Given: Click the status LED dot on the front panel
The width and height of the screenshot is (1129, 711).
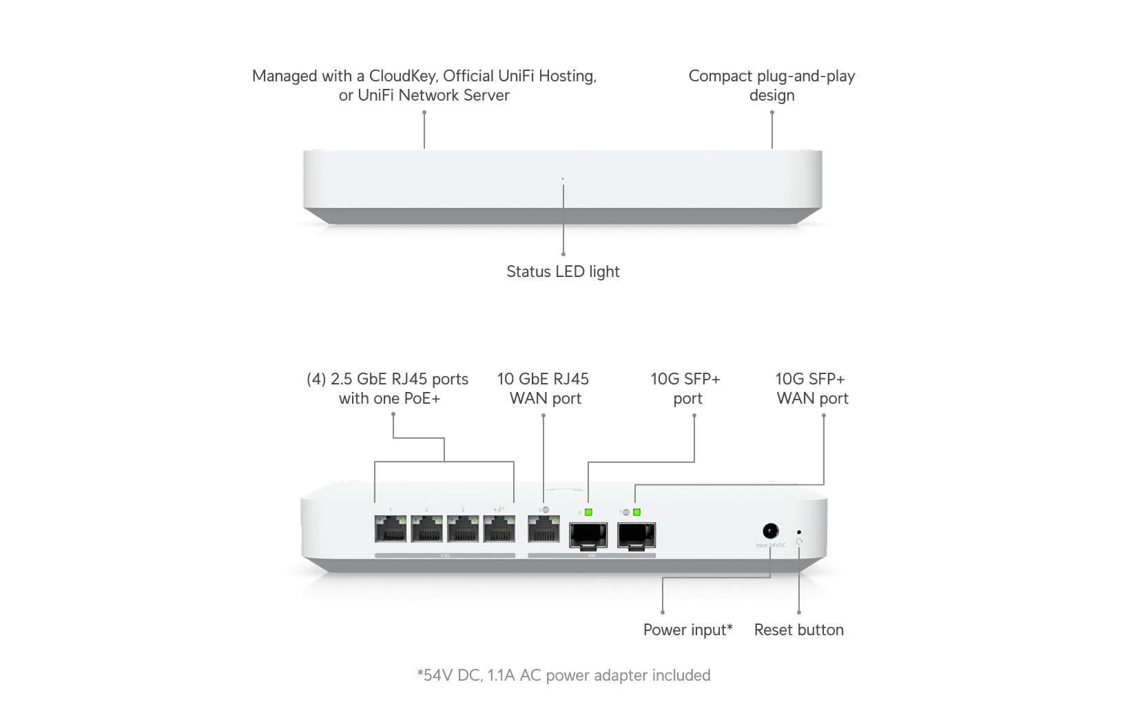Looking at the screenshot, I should (x=563, y=179).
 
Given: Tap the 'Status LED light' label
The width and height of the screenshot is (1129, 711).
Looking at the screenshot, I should (x=563, y=271).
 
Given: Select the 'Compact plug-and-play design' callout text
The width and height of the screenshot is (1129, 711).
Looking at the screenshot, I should (x=771, y=85).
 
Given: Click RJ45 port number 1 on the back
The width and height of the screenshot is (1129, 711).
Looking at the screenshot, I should (x=391, y=529).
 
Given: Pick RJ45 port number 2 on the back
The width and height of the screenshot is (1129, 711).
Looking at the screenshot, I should (x=427, y=529).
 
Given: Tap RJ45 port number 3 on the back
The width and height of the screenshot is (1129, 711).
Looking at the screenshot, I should (x=463, y=529).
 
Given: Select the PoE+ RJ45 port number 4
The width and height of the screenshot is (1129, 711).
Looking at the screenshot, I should (x=499, y=529).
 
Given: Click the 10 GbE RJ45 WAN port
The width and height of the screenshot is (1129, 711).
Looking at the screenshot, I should (x=543, y=529).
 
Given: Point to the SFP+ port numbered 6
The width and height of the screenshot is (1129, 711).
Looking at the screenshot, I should (x=588, y=535).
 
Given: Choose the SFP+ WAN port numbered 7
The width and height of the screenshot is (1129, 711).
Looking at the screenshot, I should (x=636, y=535).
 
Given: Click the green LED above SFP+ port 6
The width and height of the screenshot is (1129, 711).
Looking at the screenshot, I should (x=588, y=512).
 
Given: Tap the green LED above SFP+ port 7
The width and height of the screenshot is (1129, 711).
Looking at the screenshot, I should (x=636, y=512).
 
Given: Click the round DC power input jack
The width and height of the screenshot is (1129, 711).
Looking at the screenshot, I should (x=771, y=531).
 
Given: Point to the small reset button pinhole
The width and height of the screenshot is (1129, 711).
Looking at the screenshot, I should (x=798, y=532).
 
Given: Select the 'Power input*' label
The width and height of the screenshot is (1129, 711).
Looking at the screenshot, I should (x=687, y=630).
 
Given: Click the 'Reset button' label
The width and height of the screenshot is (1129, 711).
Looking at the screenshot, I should (x=798, y=630).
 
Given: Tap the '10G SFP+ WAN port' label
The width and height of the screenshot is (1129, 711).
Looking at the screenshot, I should (x=811, y=389).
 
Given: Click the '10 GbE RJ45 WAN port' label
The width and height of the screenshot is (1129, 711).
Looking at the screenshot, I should (x=543, y=389).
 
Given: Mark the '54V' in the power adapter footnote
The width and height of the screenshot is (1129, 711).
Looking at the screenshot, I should (x=437, y=675).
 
